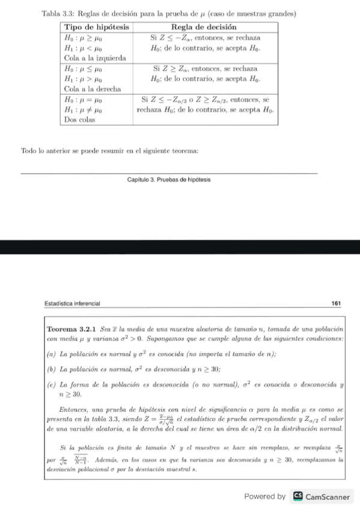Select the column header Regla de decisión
[204, 28]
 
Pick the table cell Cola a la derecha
[93, 88]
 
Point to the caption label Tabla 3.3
[58, 14]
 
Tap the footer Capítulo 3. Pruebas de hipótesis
[169, 179]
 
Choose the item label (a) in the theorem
[52, 355]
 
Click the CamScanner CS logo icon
[297, 497]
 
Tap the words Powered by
[264, 497]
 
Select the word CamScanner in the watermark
[328, 497]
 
